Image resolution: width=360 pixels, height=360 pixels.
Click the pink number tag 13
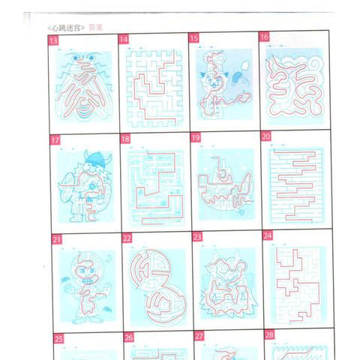click(x=53, y=40)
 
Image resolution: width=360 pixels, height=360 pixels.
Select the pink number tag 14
click(x=124, y=39)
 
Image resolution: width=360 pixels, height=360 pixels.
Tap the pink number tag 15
click(x=193, y=38)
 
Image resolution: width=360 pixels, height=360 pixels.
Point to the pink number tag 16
click(x=264, y=37)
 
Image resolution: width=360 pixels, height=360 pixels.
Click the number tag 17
click(x=55, y=139)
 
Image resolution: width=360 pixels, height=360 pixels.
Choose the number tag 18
click(x=125, y=139)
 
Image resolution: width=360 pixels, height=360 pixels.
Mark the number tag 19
click(x=196, y=137)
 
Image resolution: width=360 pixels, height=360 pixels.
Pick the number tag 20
click(x=266, y=136)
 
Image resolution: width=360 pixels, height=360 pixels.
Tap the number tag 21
click(x=56, y=239)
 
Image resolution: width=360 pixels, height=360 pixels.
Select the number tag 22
click(x=127, y=238)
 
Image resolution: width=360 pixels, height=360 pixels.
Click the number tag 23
click(x=197, y=237)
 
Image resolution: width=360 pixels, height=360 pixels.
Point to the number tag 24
click(x=268, y=235)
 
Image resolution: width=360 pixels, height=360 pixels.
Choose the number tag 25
click(x=58, y=338)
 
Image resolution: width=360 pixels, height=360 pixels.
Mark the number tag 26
click(x=129, y=337)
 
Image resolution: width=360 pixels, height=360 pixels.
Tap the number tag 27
click(x=199, y=336)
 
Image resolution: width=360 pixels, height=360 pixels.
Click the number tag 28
click(x=269, y=334)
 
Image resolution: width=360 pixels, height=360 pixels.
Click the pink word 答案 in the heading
click(x=95, y=27)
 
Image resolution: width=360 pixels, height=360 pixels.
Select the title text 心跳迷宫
click(x=66, y=28)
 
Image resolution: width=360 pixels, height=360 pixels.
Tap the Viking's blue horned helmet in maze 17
click(x=98, y=157)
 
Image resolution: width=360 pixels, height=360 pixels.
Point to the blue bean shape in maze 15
click(x=235, y=77)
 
